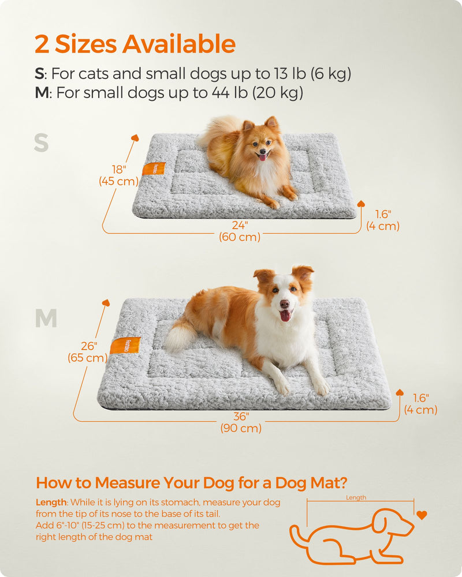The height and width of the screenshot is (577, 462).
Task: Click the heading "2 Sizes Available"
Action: click(x=135, y=44)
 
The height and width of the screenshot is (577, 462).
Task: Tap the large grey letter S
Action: click(x=41, y=143)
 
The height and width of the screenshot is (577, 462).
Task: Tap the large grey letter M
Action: click(x=46, y=319)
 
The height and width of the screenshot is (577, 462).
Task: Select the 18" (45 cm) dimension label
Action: click(x=118, y=175)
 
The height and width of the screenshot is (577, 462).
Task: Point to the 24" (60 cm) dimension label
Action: click(x=239, y=231)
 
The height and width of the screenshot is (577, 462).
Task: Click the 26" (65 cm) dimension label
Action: click(x=88, y=352)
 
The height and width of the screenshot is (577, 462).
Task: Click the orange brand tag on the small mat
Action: click(x=154, y=168)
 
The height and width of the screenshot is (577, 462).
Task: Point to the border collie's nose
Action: click(x=284, y=304)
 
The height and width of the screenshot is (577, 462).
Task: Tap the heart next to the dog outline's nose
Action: click(x=422, y=515)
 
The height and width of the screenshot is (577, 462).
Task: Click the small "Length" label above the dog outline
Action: click(x=356, y=497)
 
